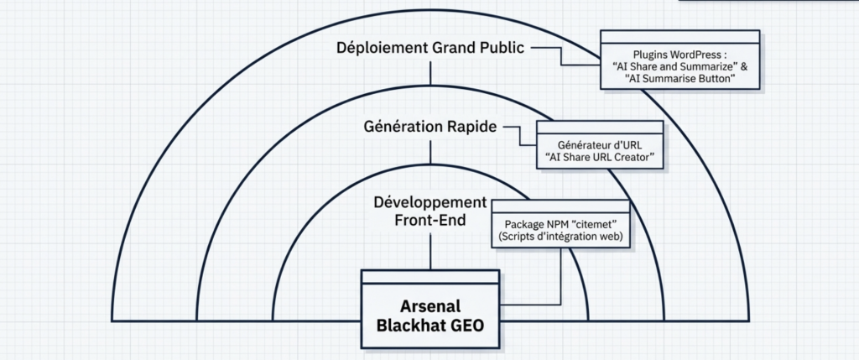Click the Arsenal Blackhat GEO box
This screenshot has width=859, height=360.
(x=430, y=310)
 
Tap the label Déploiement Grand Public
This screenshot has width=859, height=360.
(x=429, y=48)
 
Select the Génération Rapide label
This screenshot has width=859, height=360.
(x=429, y=127)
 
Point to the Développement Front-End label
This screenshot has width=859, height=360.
(x=429, y=211)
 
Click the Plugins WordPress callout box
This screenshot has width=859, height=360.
(x=679, y=60)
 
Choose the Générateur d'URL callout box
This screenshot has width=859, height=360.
(x=599, y=144)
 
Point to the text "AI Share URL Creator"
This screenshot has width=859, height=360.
(x=599, y=157)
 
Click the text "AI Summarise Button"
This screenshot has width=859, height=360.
(x=679, y=78)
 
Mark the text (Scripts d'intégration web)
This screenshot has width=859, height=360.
(x=560, y=237)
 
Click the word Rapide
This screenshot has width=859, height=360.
(x=467, y=127)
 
